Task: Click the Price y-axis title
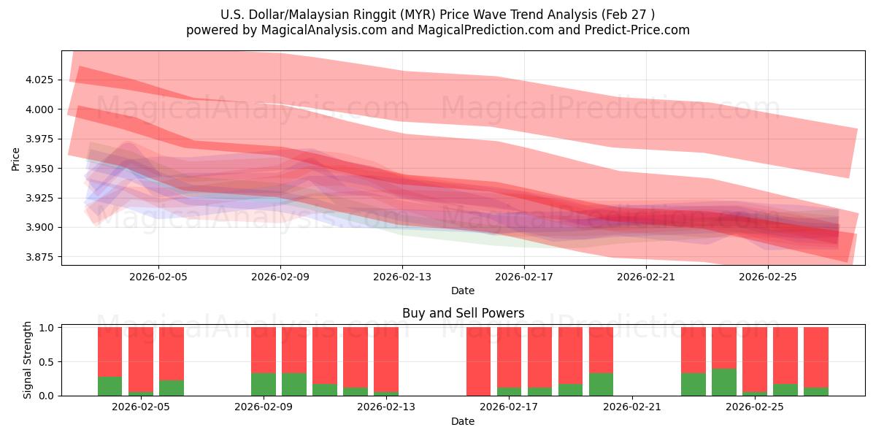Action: (15, 158)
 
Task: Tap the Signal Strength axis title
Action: (28, 360)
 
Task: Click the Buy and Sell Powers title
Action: (463, 313)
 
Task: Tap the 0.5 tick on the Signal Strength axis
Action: (46, 361)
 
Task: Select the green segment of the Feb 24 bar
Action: (724, 382)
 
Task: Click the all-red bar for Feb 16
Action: (479, 361)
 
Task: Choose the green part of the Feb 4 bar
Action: (109, 386)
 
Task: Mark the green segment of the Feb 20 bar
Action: (601, 385)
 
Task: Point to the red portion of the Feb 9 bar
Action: (264, 350)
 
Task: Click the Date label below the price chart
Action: (463, 291)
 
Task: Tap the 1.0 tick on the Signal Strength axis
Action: (46, 328)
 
